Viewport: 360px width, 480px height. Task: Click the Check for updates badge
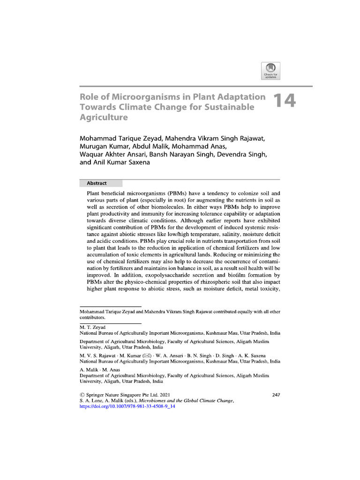[x=270, y=71]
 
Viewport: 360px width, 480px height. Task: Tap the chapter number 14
[x=284, y=102]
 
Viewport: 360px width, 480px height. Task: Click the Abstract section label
[x=97, y=183]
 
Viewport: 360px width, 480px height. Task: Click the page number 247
[x=276, y=395]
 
